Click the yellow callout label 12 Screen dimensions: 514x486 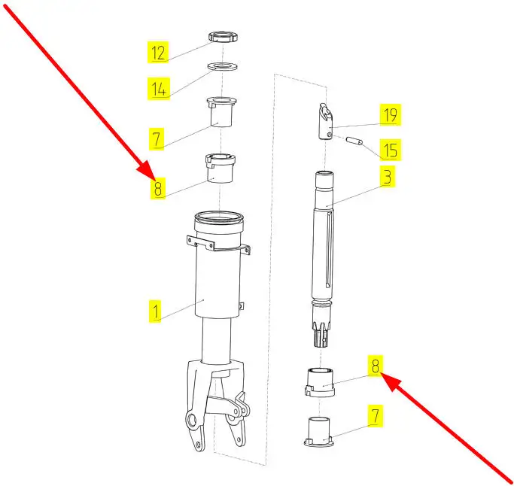(x=158, y=52)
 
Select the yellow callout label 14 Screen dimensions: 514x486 (x=159, y=89)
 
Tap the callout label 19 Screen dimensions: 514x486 (x=390, y=114)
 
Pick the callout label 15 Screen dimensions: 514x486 (x=390, y=150)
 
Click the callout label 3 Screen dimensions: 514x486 (x=388, y=176)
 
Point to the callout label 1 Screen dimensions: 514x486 (x=155, y=311)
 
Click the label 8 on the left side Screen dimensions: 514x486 (x=158, y=188)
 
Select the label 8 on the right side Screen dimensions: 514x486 (x=376, y=366)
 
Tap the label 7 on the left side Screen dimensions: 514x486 (x=157, y=139)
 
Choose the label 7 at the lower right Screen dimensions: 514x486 (x=376, y=416)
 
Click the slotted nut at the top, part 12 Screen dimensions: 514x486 (x=223, y=36)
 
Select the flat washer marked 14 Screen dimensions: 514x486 (x=223, y=66)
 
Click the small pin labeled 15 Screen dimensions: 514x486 (x=354, y=141)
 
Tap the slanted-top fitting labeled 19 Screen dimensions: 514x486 (x=327, y=122)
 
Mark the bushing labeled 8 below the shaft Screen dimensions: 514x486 (x=320, y=382)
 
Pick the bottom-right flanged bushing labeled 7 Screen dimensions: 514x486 (x=319, y=431)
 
